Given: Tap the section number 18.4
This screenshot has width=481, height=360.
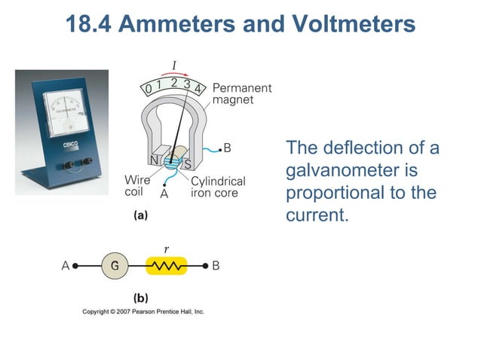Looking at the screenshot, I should pyautogui.click(x=89, y=24).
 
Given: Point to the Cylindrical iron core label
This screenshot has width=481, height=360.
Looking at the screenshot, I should pyautogui.click(x=217, y=187).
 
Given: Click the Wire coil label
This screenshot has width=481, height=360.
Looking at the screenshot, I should pyautogui.click(x=136, y=185).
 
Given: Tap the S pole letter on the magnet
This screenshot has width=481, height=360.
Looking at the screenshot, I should pyautogui.click(x=188, y=163).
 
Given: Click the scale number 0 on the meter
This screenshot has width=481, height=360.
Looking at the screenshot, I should pyautogui.click(x=149, y=90).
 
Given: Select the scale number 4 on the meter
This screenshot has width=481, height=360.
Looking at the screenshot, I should pyautogui.click(x=198, y=89).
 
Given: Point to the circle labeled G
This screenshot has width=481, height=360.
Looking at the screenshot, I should pyautogui.click(x=115, y=266).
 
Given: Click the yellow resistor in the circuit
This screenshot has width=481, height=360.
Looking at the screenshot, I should pyautogui.click(x=167, y=266).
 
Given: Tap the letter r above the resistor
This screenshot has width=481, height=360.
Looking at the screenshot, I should pyautogui.click(x=166, y=247).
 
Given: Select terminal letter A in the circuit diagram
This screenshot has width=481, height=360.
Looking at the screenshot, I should pyautogui.click(x=66, y=266).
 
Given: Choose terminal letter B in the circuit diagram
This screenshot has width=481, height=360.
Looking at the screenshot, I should pyautogui.click(x=216, y=266).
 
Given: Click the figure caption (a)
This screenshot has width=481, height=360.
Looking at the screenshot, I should pyautogui.click(x=140, y=215).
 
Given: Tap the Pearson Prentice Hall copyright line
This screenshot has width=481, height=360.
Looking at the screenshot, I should pyautogui.click(x=143, y=312).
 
